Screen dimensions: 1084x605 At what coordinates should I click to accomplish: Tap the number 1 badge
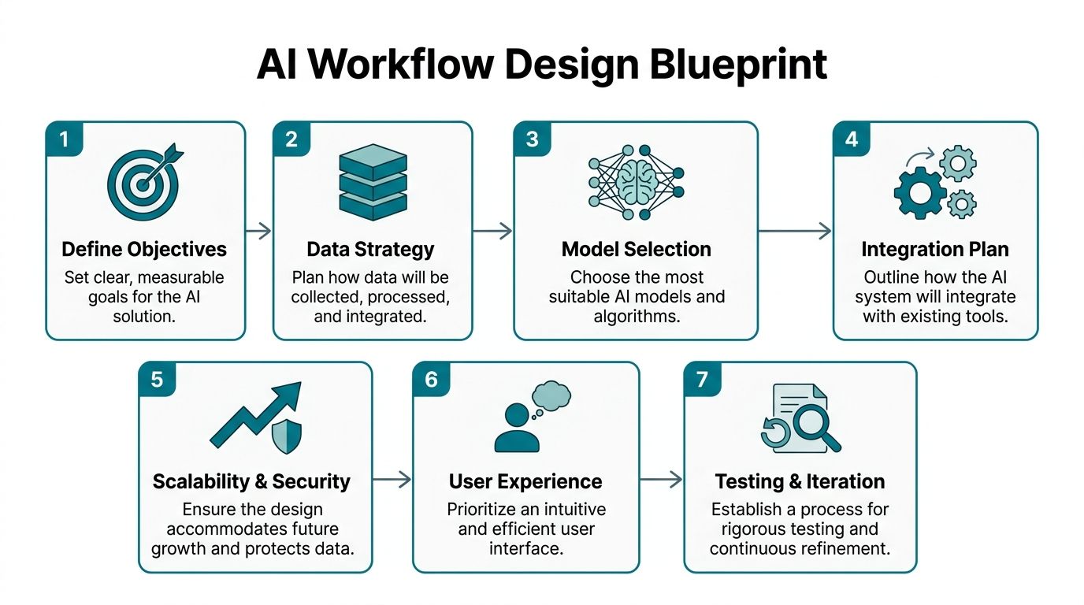click(x=65, y=139)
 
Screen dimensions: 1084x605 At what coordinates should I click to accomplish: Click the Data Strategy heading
click(x=370, y=249)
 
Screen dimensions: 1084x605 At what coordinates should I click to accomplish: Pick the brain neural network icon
click(x=636, y=183)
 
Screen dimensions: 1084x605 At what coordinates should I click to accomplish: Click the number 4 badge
click(x=852, y=139)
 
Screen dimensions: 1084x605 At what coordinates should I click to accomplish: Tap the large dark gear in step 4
click(x=919, y=193)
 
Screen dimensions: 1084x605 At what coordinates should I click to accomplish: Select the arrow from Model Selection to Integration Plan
click(x=795, y=232)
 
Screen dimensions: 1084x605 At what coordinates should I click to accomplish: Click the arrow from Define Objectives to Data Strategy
click(x=258, y=232)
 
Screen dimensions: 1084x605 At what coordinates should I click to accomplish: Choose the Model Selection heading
click(x=636, y=249)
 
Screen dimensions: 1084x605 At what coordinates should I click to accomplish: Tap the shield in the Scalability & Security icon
click(x=287, y=436)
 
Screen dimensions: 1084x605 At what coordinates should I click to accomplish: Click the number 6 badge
click(x=431, y=380)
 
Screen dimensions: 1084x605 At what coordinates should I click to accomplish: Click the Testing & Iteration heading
click(x=800, y=481)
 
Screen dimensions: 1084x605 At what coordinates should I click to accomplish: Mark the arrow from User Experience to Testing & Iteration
click(x=661, y=480)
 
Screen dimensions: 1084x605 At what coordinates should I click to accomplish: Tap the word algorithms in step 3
click(x=637, y=316)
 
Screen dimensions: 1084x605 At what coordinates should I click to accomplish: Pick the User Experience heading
click(x=525, y=481)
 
